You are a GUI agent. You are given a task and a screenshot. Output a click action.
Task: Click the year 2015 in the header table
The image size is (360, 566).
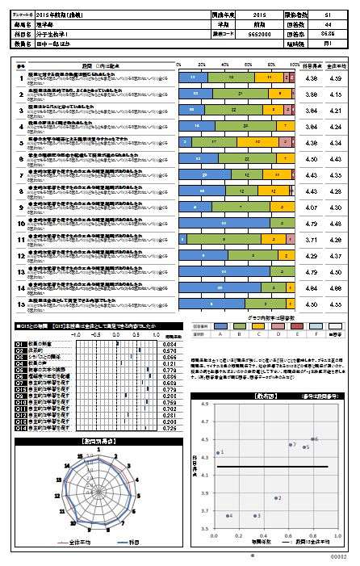click(258, 15)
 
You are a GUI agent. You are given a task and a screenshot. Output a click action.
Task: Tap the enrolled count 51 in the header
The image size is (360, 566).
click(325, 15)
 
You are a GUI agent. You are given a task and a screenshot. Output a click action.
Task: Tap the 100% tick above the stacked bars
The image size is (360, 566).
click(296, 63)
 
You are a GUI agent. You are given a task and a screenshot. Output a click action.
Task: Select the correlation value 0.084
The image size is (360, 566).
click(170, 344)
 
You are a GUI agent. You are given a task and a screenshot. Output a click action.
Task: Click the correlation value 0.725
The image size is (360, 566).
click(170, 428)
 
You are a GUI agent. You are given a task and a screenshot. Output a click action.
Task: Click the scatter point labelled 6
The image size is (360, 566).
click(310, 439)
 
